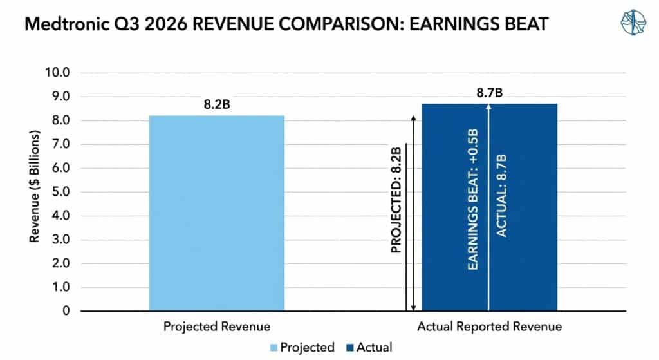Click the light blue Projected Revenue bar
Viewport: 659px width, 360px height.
pyautogui.click(x=216, y=213)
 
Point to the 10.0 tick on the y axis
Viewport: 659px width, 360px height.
pyautogui.click(x=57, y=73)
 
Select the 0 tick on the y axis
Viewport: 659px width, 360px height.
pyautogui.click(x=66, y=311)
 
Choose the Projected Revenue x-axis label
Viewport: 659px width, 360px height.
pyautogui.click(x=217, y=327)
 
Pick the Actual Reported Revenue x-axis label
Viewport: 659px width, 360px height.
pyautogui.click(x=489, y=327)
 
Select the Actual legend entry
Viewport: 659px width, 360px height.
pyautogui.click(x=369, y=347)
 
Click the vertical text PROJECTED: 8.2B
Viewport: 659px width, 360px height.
pyautogui.click(x=396, y=200)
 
